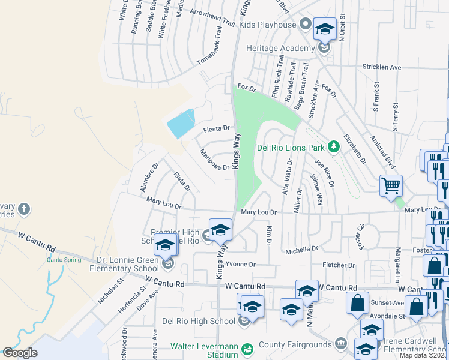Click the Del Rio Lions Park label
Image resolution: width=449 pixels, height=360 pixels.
[290, 147]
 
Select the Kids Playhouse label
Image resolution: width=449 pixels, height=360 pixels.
[268, 25]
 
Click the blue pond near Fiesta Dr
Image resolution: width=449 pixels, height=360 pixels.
[182, 124]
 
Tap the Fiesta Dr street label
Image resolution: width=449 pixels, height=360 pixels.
[217, 128]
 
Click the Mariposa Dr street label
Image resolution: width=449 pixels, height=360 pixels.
[214, 160]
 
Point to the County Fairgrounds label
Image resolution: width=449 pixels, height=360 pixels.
[295, 344]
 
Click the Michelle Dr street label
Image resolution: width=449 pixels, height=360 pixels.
[301, 248]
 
